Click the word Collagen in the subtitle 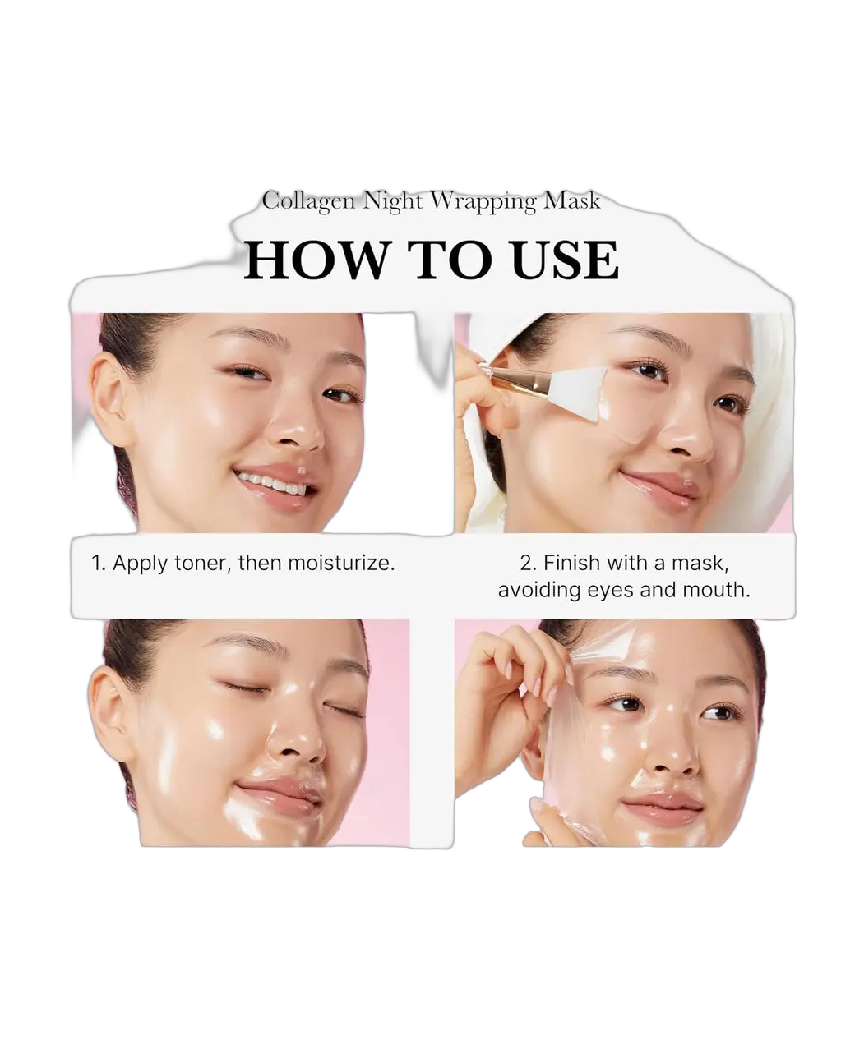(x=308, y=202)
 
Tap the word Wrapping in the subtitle (x=483, y=202)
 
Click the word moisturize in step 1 (x=341, y=563)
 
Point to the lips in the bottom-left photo (x=280, y=796)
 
